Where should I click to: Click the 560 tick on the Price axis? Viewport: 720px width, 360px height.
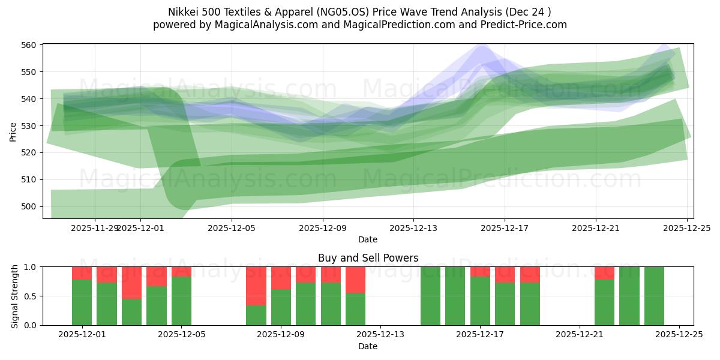coord(30,45)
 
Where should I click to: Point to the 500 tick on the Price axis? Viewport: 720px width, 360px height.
coord(30,206)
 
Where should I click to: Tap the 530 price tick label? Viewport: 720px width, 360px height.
coord(30,125)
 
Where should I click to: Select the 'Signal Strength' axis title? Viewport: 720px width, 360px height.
coord(15,296)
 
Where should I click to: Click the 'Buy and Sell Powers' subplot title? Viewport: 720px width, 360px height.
coord(368,258)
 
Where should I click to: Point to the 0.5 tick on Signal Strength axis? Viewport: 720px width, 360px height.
coord(30,296)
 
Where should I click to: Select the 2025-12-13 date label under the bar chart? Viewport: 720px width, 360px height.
coord(380,335)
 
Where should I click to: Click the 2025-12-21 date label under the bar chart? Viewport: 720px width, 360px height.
coord(580,335)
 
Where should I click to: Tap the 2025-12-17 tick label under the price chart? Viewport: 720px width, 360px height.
coord(505,228)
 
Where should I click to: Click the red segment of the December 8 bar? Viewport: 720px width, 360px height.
coord(256,286)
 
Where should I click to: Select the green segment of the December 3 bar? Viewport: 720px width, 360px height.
coord(131,312)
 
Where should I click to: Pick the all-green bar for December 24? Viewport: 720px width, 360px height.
coord(654,296)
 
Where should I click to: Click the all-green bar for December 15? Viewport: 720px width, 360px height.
coord(430,296)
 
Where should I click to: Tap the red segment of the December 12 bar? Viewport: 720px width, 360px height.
coord(355,280)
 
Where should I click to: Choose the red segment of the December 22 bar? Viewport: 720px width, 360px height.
coord(604,273)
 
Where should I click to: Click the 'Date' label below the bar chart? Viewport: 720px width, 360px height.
coord(368,346)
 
